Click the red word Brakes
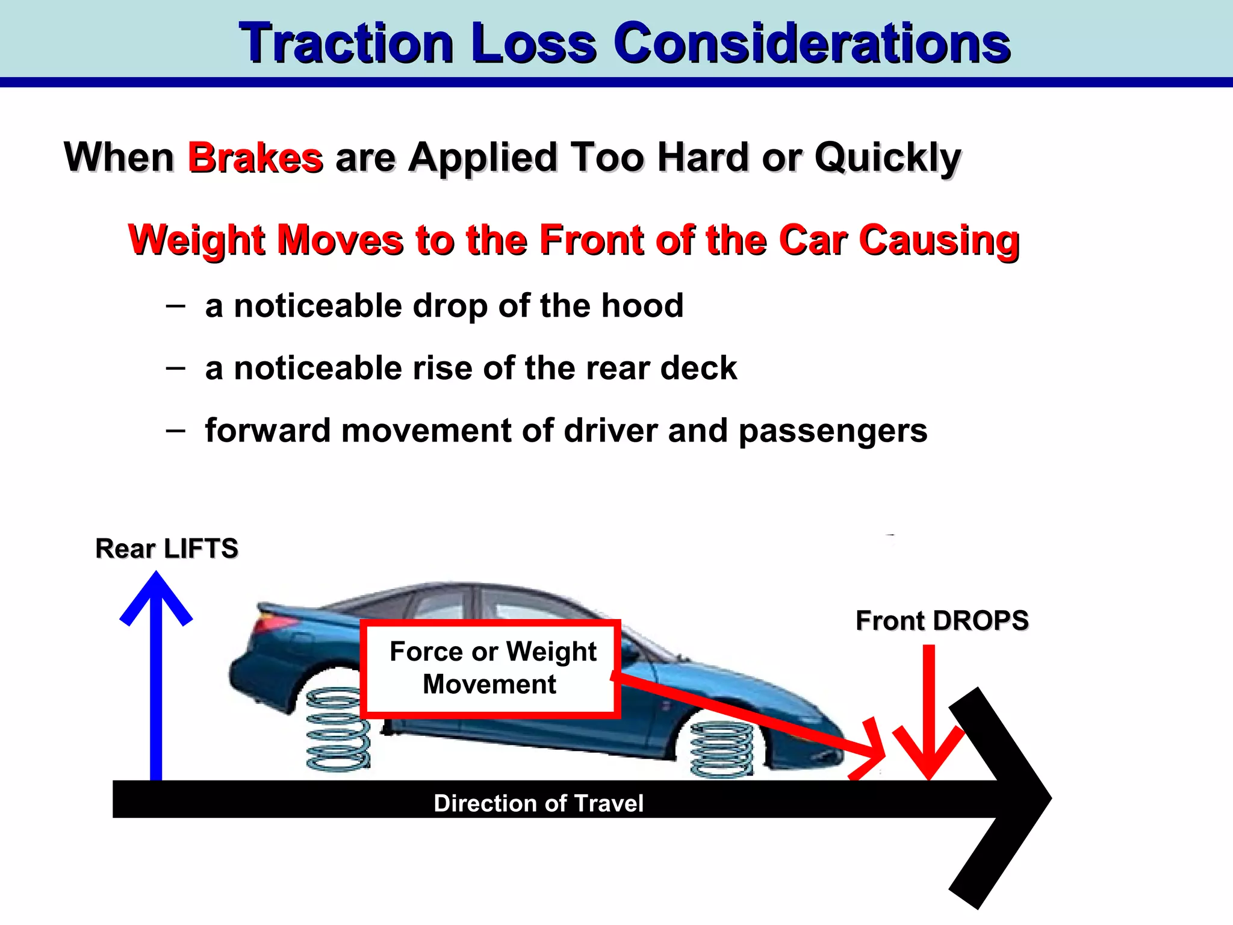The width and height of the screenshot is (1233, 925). click(255, 158)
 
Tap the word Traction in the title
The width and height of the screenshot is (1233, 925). click(346, 43)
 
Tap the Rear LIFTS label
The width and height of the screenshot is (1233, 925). click(167, 549)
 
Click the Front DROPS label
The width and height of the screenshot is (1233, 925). click(942, 621)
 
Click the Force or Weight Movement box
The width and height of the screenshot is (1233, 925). click(491, 668)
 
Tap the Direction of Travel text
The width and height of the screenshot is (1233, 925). click(538, 803)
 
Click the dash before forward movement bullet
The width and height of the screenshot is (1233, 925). click(175, 430)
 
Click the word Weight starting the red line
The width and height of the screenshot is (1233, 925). click(197, 240)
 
